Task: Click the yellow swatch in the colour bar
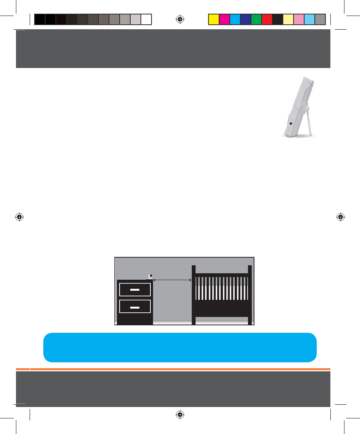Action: pyautogui.click(x=214, y=19)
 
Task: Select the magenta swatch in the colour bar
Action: pyautogui.click(x=224, y=19)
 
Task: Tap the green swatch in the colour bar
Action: pyautogui.click(x=256, y=19)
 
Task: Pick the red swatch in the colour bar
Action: pyautogui.click(x=267, y=19)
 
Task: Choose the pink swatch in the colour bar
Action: pyautogui.click(x=299, y=19)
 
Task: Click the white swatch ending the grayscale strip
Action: pyautogui.click(x=146, y=19)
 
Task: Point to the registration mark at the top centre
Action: pyautogui.click(x=180, y=19)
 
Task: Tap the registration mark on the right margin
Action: pyautogui.click(x=340, y=217)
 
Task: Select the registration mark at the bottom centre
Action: pyautogui.click(x=180, y=415)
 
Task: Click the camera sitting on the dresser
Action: pyautogui.click(x=150, y=277)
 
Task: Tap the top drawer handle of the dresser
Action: pyautogui.click(x=135, y=290)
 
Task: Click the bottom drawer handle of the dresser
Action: pyautogui.click(x=135, y=306)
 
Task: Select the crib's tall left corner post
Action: pyautogui.click(x=194, y=295)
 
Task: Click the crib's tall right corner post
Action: pyautogui.click(x=250, y=295)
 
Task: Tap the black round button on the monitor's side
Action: pyautogui.click(x=291, y=123)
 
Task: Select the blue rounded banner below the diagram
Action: pyautogui.click(x=180, y=347)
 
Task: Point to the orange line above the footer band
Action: pyautogui.click(x=180, y=369)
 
